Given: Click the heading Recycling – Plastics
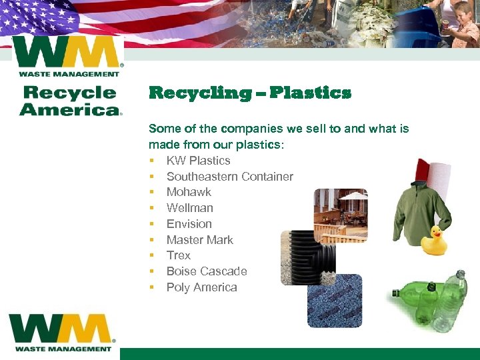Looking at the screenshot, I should (249, 93).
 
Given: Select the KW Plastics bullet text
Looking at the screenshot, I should (198, 161).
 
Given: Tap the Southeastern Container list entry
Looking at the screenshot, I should (229, 177).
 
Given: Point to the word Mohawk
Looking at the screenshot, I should (189, 192).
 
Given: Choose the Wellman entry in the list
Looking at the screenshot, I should (189, 208).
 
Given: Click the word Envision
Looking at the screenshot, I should (189, 224).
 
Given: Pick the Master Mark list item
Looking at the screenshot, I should (199, 240).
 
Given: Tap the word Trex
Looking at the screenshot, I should (178, 255).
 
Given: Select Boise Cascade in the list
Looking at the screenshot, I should (206, 271).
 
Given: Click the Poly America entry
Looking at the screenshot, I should (201, 287).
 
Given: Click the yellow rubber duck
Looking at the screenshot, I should (434, 241).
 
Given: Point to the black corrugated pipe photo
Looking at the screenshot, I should (308, 257).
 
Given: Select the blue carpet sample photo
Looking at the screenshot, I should (334, 300).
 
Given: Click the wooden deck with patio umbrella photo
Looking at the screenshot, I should (340, 215).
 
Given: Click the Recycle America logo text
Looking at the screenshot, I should (70, 101).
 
